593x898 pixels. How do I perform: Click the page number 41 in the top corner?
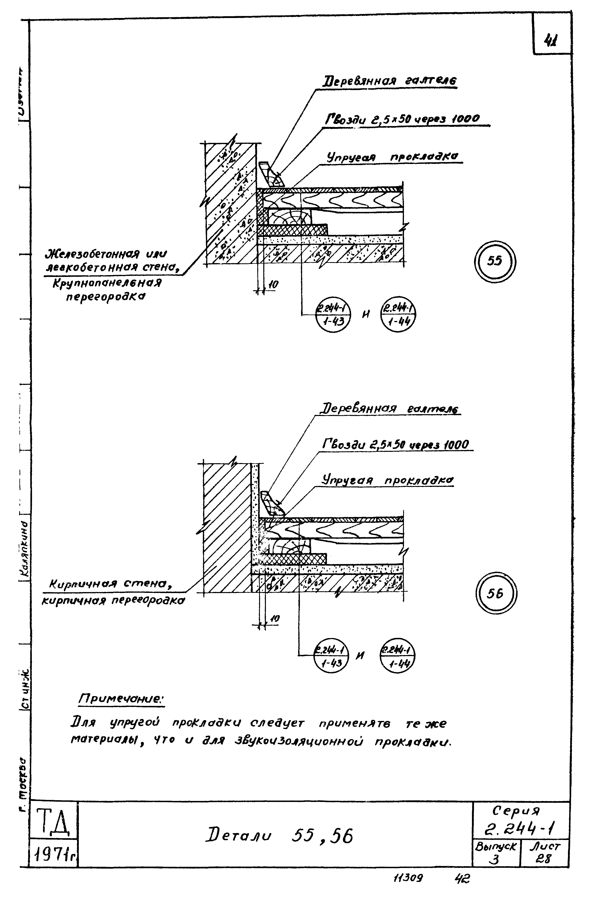551,40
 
